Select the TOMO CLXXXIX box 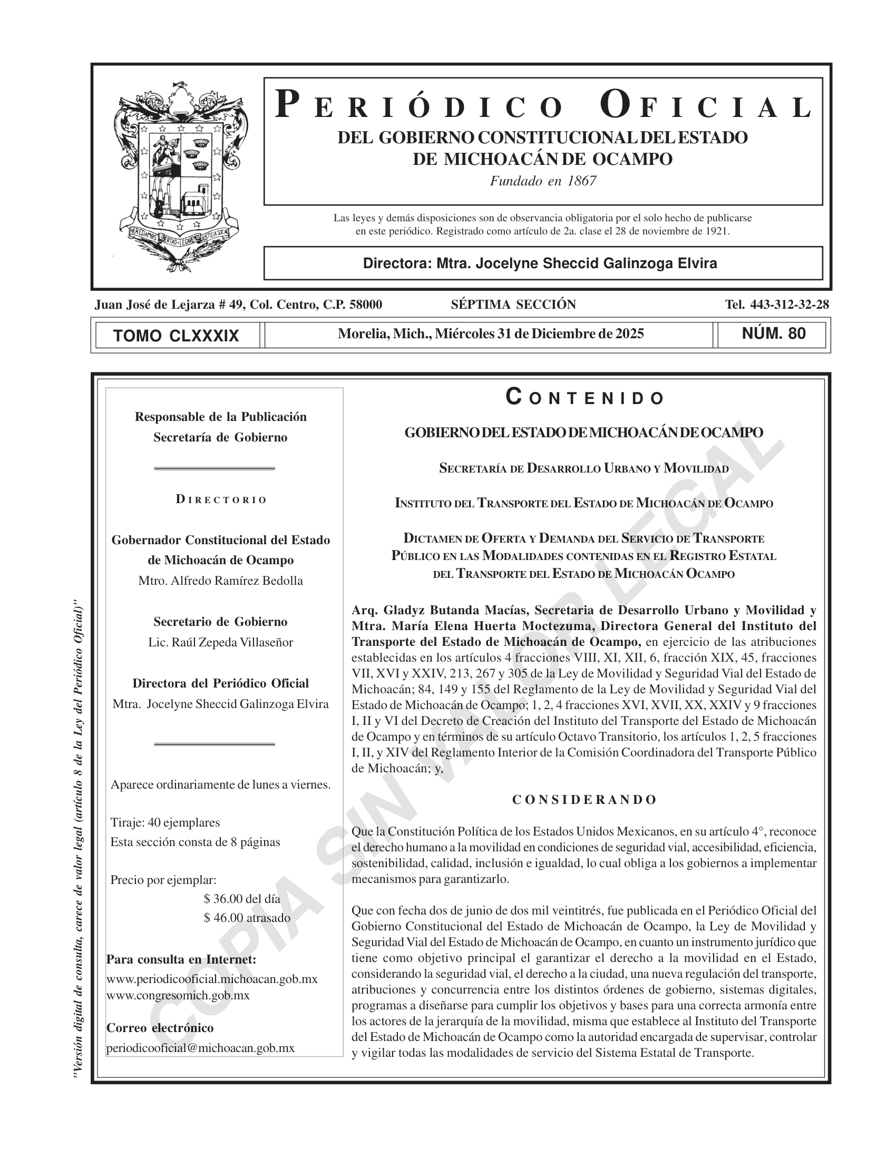click(176, 336)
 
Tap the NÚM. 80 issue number click(773, 334)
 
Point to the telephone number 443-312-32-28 click(790, 305)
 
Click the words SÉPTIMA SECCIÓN click(513, 305)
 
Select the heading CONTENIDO click(584, 397)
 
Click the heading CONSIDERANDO click(584, 800)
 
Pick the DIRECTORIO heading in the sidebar click(221, 500)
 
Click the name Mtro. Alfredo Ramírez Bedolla click(220, 581)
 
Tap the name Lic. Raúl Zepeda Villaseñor click(220, 643)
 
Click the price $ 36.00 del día click(241, 899)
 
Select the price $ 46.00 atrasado click(247, 918)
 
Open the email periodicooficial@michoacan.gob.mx click(200, 1048)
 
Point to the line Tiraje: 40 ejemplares click(165, 823)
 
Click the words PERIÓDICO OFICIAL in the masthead click(543, 105)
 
